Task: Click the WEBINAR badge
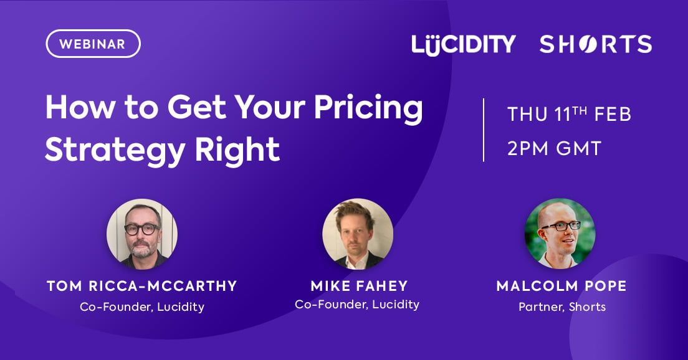[93, 44]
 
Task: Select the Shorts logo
[595, 44]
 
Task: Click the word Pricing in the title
[368, 109]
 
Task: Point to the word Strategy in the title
[115, 150]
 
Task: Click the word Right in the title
[237, 150]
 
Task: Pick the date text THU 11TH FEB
[569, 114]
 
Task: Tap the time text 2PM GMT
[554, 148]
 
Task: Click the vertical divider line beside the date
[484, 130]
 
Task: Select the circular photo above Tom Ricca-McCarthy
[142, 234]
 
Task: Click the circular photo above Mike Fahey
[358, 234]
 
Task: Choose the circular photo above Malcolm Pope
[560, 234]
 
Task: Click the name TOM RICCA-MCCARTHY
[141, 286]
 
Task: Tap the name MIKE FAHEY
[360, 286]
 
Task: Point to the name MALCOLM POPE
[561, 286]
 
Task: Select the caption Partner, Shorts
[562, 306]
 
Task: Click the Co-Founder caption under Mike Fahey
[357, 305]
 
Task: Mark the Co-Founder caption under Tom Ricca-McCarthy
[142, 306]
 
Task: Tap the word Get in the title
[195, 108]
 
